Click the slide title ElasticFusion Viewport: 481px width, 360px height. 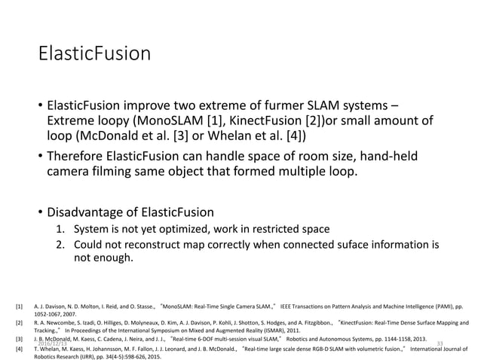coord(94,55)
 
